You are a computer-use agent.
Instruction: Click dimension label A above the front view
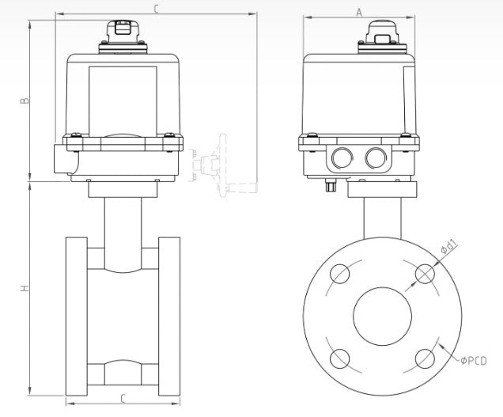point(358,12)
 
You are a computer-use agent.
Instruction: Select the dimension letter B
point(24,100)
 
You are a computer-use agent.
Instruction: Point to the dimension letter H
point(24,290)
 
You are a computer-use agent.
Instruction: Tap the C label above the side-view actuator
point(156,9)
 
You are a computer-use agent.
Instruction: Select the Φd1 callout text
point(448,250)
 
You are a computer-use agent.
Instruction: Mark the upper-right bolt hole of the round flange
point(425,274)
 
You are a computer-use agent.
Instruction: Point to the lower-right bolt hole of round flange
point(425,358)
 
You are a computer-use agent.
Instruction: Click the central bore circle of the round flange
point(383,316)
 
